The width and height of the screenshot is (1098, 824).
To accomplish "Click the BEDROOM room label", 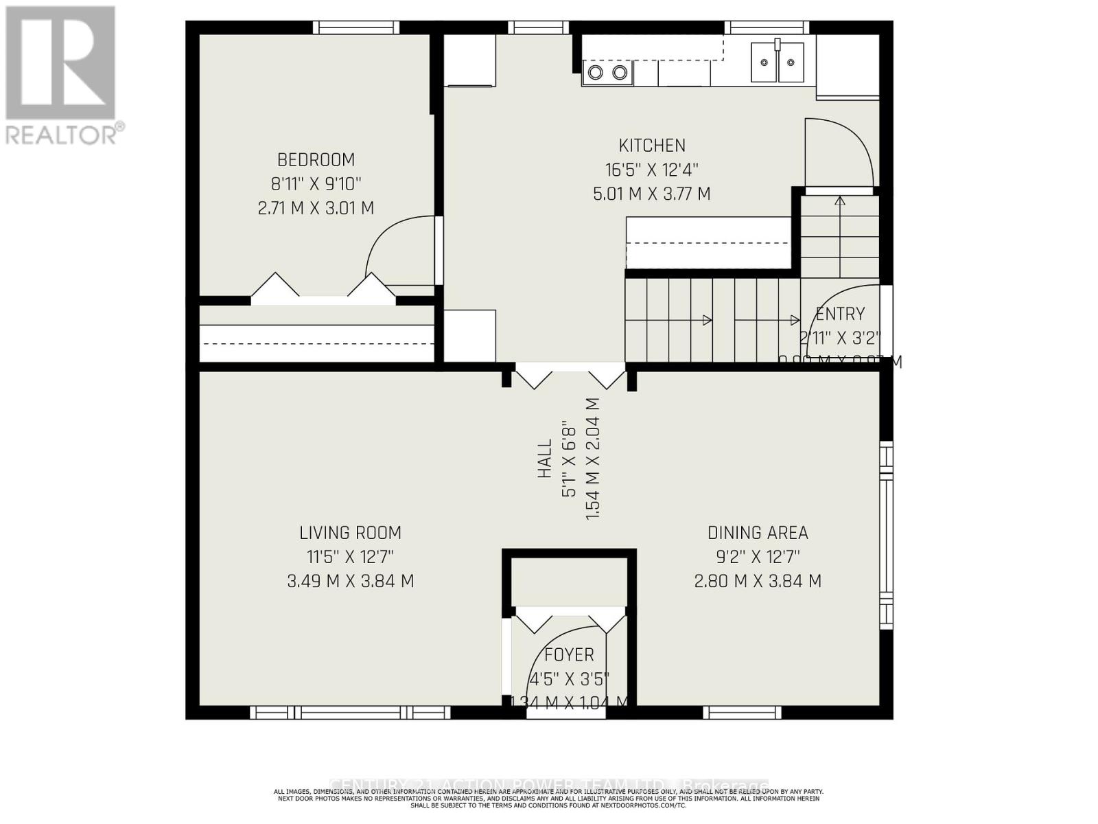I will (316, 160).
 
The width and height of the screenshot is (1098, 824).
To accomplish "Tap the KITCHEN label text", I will (652, 146).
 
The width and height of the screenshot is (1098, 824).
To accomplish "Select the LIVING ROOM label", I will (350, 533).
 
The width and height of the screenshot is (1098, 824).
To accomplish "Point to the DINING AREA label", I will (758, 533).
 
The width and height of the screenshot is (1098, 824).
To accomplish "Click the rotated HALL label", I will (545, 459).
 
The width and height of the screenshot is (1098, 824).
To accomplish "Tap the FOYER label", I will (569, 655).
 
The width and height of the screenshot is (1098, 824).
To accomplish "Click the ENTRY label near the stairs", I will (840, 314).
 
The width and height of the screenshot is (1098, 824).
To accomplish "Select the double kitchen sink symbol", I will (777, 62).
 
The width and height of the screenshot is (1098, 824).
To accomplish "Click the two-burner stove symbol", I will (607, 73).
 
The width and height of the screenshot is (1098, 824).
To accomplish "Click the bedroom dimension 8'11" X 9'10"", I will (316, 184).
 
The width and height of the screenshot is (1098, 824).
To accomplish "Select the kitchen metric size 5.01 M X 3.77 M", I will (652, 194).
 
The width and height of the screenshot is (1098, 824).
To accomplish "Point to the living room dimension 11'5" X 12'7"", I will (350, 557).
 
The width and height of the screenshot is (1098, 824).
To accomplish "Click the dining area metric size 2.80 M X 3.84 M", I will (758, 582).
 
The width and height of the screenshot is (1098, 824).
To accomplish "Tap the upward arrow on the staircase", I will (840, 201).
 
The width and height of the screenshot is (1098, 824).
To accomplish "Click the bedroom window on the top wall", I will (355, 27).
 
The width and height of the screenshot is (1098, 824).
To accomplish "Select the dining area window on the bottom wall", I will (743, 713).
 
